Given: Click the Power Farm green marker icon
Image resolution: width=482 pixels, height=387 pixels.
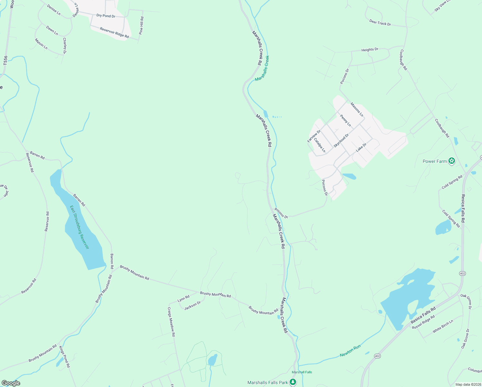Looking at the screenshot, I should click(452, 161).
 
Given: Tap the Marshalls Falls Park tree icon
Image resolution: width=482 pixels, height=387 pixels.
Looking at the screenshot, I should click(293, 382).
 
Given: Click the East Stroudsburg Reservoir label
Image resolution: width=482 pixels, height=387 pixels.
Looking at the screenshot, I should click(79, 227).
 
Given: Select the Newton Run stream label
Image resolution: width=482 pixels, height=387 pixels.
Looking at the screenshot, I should click(350, 351).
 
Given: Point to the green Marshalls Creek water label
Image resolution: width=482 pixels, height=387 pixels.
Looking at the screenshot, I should click(262, 68).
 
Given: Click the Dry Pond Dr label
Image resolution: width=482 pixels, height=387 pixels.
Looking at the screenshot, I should click(106, 16).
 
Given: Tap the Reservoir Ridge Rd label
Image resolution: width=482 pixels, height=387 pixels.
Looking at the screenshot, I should click(114, 33).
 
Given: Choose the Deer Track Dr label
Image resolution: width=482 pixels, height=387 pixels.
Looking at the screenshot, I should click(380, 23).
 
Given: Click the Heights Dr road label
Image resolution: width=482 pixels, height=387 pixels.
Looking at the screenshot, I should click(370, 50).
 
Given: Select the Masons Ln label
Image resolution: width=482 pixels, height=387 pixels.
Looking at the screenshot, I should click(357, 110).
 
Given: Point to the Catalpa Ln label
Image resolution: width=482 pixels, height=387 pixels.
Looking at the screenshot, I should click(320, 145).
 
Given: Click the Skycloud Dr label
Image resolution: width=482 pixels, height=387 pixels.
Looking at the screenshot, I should click(341, 141).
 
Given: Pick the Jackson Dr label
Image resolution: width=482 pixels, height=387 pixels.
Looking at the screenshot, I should click(192, 305).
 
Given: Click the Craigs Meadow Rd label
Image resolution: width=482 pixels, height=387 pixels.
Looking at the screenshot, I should click(171, 322).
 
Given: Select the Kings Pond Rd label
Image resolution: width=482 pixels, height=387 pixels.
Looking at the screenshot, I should click(64, 357).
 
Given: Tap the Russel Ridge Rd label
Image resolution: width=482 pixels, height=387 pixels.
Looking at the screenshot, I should click(423, 322).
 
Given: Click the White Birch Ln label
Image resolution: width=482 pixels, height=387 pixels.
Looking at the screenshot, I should click(443, 326).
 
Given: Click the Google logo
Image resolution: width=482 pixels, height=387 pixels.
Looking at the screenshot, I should click(11, 383).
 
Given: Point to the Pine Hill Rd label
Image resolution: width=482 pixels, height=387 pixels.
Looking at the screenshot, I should click(141, 26).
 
